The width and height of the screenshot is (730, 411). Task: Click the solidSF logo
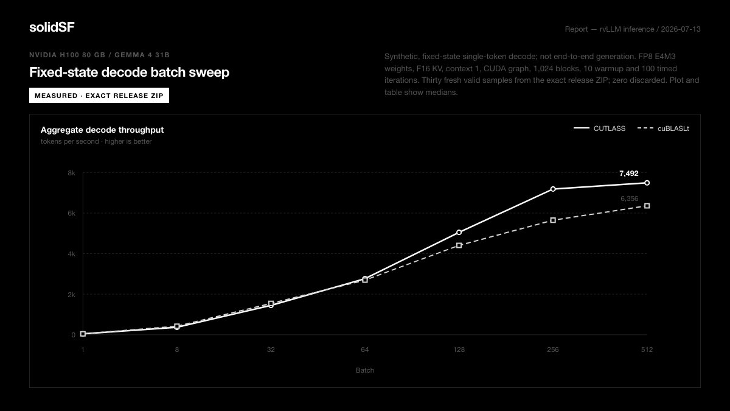52,27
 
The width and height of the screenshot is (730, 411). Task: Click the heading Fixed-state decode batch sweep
130,72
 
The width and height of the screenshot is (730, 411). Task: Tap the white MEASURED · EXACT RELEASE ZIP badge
99,96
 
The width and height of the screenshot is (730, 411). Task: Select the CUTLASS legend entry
599,128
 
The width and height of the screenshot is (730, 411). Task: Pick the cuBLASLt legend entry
663,128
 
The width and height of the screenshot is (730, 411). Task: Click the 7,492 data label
628,174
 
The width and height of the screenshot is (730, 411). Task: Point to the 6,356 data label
629,198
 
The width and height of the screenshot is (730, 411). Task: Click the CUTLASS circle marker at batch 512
647,183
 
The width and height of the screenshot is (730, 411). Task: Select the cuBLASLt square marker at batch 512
647,206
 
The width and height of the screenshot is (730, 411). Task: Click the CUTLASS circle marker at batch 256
553,189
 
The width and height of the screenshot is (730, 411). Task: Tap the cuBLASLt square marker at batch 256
553,220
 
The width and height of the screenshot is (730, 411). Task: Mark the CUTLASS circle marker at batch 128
459,232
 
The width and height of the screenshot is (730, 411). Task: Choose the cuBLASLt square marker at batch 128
459,245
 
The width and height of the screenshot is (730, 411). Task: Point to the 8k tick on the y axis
71,173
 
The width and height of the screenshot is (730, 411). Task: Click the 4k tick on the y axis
71,254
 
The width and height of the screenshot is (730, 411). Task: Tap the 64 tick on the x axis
364,350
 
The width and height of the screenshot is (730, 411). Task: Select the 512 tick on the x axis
647,350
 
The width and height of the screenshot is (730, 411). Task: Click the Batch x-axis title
364,370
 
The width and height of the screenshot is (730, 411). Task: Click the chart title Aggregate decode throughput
102,130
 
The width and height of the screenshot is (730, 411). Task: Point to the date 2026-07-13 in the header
681,29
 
